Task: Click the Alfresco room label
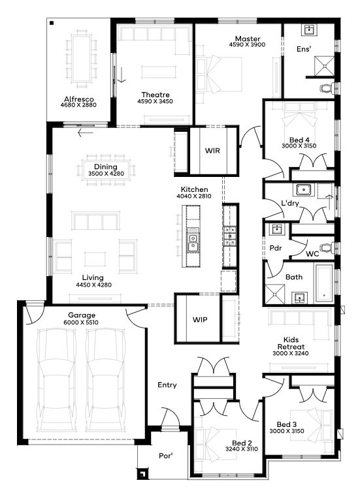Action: [x=79, y=99]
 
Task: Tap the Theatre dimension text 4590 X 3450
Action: [x=155, y=101]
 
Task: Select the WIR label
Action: [x=212, y=151]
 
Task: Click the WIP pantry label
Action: [x=200, y=320]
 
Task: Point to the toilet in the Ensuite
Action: [x=327, y=88]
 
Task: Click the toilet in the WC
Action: [x=327, y=248]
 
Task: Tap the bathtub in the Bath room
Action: [x=324, y=283]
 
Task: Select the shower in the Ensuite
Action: [x=325, y=65]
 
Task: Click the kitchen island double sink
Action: [x=193, y=240]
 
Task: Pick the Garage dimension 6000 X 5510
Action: [x=81, y=323]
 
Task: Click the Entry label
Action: [x=167, y=385]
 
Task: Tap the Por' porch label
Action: [x=165, y=456]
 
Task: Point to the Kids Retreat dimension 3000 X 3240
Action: [x=290, y=353]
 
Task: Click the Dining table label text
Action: [x=106, y=167]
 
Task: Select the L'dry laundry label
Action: [x=290, y=203]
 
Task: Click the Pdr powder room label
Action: [x=276, y=248]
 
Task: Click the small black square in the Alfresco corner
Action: [x=52, y=23]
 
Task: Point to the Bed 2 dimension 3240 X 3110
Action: [x=242, y=449]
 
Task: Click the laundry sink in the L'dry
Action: [x=303, y=189]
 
